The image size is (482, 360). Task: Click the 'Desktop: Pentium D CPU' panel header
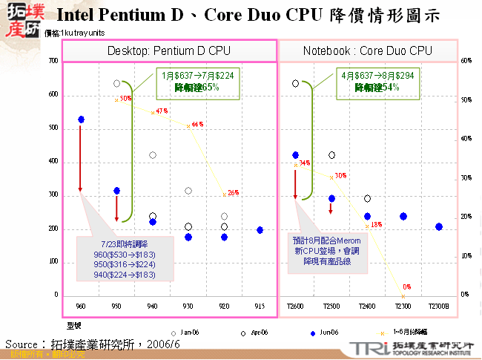(x=169, y=50)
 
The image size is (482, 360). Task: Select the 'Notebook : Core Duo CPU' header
(x=367, y=50)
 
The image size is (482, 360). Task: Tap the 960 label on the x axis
(x=81, y=306)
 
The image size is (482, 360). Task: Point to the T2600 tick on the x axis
(x=295, y=306)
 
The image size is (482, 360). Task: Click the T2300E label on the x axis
(x=439, y=306)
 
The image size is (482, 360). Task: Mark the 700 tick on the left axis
(x=53, y=61)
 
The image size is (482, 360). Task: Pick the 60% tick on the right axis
(x=465, y=61)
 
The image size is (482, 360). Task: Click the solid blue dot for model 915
(x=260, y=230)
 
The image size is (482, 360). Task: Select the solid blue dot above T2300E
(x=439, y=226)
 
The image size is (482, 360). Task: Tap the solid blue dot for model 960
(x=81, y=120)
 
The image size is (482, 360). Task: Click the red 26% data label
(x=233, y=193)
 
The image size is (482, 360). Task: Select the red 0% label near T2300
(x=406, y=287)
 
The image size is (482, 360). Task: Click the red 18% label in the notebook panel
(x=376, y=224)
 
